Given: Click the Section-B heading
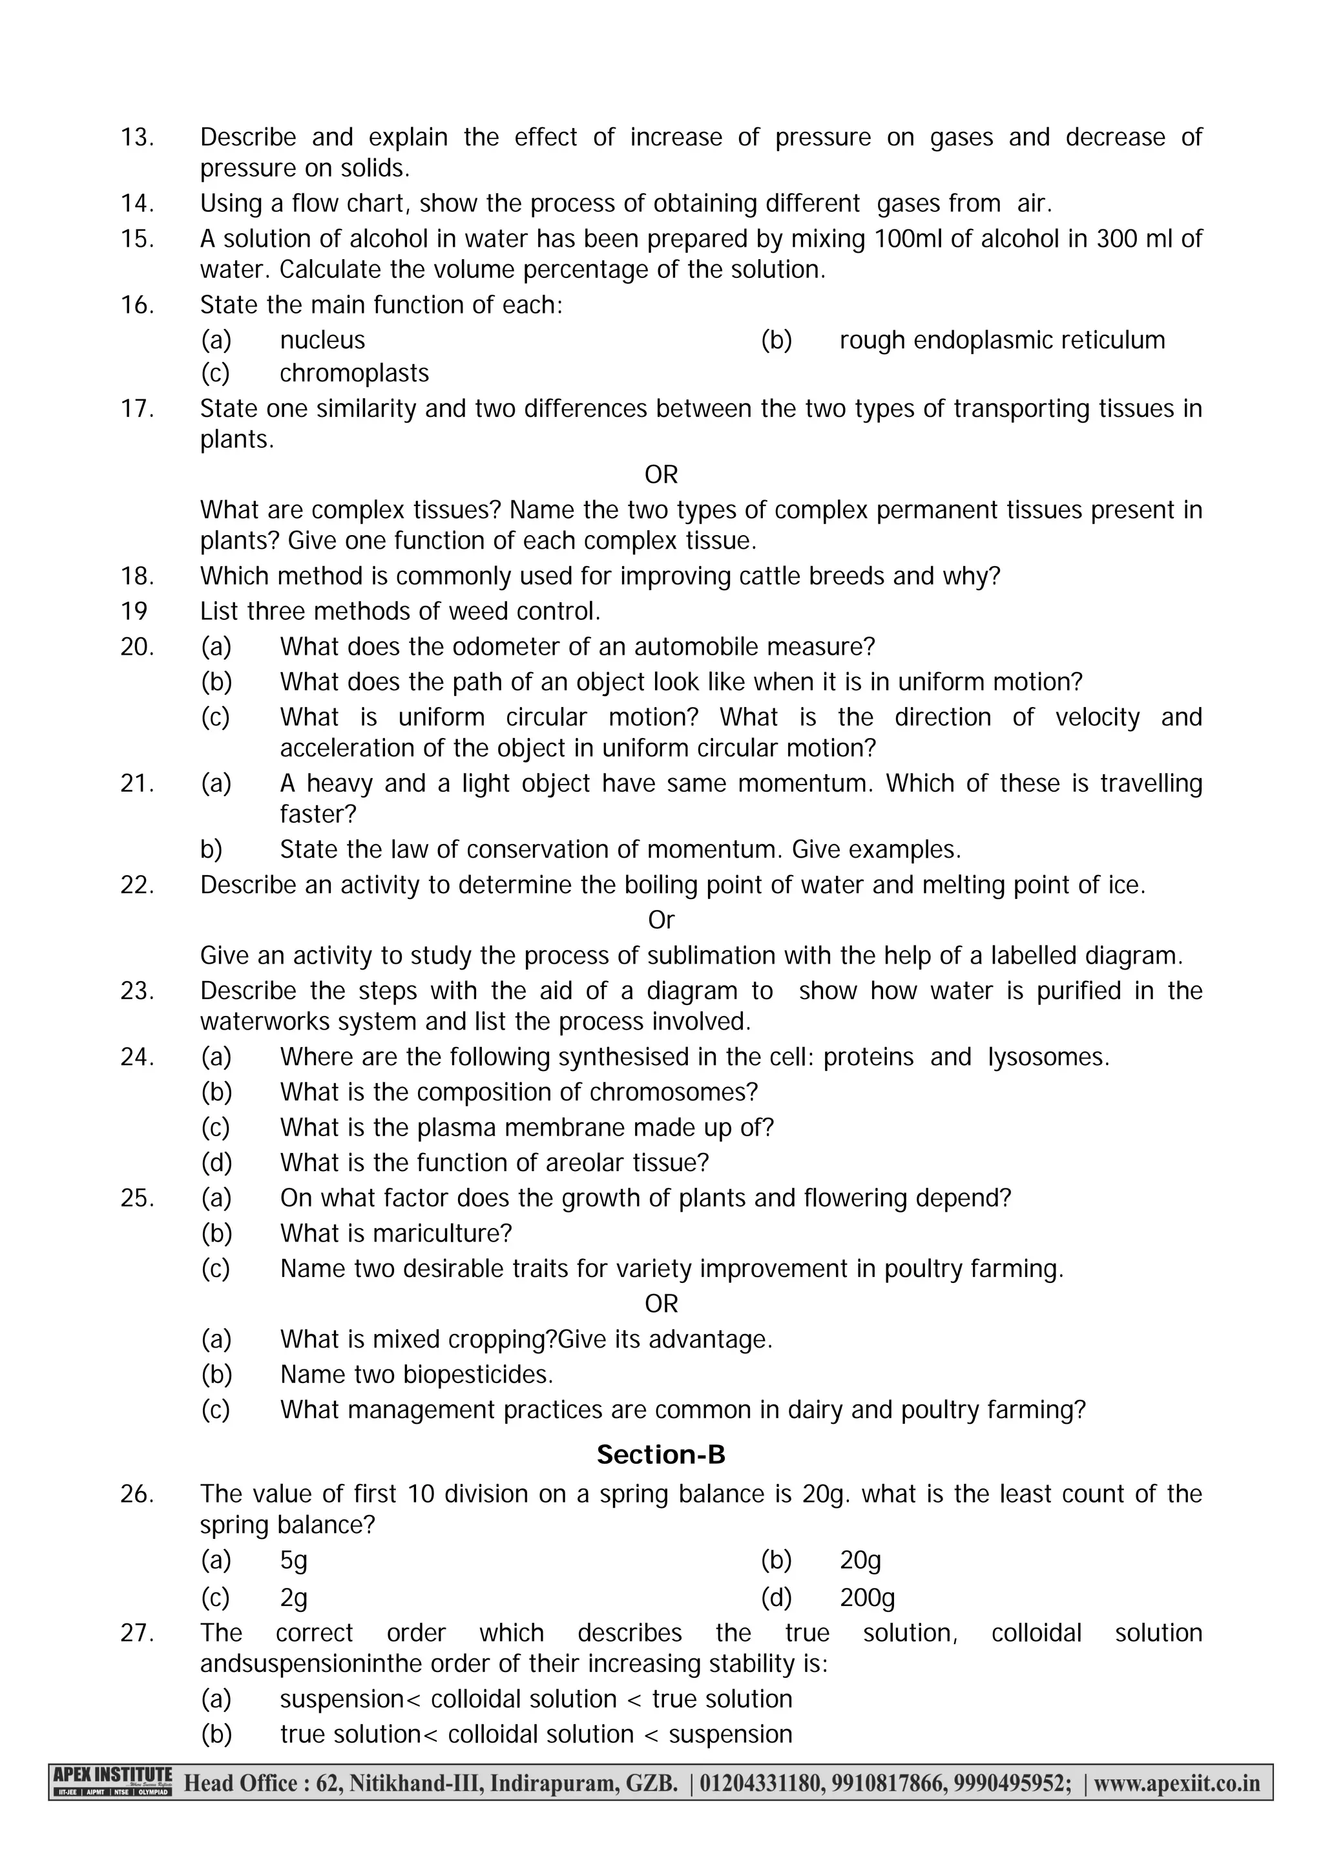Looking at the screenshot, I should point(661,1455).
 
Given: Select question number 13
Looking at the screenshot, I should point(137,137).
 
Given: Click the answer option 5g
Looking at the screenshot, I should point(293,1559).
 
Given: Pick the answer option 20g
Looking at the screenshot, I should point(860,1559).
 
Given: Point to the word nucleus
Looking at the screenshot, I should point(322,340).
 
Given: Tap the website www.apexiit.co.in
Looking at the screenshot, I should point(1176,1783).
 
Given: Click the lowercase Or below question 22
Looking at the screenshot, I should point(661,920).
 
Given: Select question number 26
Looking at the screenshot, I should point(137,1494).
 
